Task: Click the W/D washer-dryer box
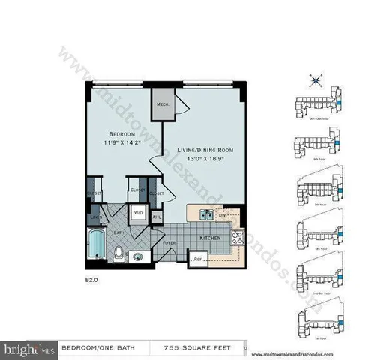[x=139, y=213]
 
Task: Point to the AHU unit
[x=157, y=217]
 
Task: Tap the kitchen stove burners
[x=238, y=238]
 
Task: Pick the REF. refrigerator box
[x=199, y=259]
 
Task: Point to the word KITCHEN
[x=210, y=238]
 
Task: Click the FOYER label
[x=169, y=242]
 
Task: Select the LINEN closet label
[x=96, y=218]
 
